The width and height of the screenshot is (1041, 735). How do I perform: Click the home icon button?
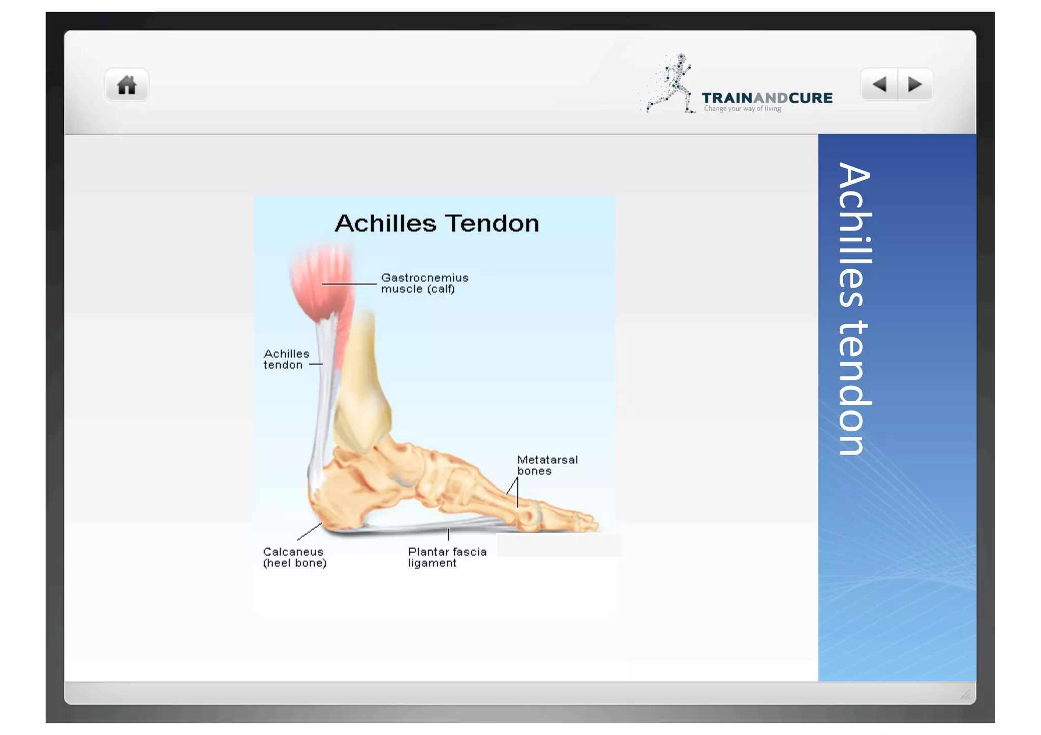[x=127, y=85]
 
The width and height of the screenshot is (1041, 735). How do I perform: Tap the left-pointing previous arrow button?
[x=879, y=84]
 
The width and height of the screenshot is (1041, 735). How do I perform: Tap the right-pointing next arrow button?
[x=915, y=84]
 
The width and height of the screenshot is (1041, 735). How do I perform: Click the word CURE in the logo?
[x=810, y=98]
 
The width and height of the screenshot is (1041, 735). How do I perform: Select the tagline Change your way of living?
[x=742, y=109]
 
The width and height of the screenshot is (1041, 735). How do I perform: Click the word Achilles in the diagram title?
[x=385, y=223]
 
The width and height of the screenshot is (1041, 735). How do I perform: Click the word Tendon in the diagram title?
[x=492, y=223]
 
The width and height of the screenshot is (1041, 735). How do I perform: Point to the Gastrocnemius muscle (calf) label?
[x=424, y=283]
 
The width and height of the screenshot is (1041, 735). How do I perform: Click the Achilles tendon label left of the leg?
[x=286, y=359]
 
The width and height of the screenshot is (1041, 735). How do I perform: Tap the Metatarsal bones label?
[x=546, y=465]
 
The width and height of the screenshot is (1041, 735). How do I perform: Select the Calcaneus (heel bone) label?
[x=294, y=557]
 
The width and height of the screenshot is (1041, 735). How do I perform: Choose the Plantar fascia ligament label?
[x=446, y=557]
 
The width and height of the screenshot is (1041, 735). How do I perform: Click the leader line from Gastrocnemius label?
[x=349, y=284]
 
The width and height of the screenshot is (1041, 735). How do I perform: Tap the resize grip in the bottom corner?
[x=965, y=694]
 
